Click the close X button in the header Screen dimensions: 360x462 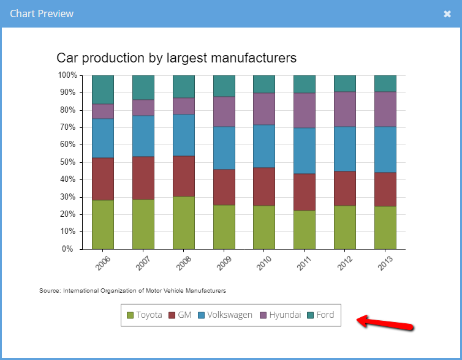click(447, 13)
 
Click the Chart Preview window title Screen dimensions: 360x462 click(42, 13)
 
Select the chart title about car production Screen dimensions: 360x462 click(176, 58)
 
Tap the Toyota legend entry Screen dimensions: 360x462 click(144, 315)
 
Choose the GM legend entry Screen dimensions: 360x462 click(180, 315)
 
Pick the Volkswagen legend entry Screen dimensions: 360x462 click(225, 315)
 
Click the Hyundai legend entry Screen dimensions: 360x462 click(281, 315)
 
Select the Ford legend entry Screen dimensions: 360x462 click(320, 315)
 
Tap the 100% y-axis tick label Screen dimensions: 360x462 click(67, 75)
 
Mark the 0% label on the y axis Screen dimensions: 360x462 click(69, 249)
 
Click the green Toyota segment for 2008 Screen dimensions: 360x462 click(184, 223)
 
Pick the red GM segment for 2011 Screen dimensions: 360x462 click(305, 192)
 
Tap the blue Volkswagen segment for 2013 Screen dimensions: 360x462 click(385, 149)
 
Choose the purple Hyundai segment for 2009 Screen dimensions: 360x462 click(224, 111)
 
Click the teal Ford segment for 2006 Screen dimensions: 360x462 click(103, 89)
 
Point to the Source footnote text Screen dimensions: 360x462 click(132, 290)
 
